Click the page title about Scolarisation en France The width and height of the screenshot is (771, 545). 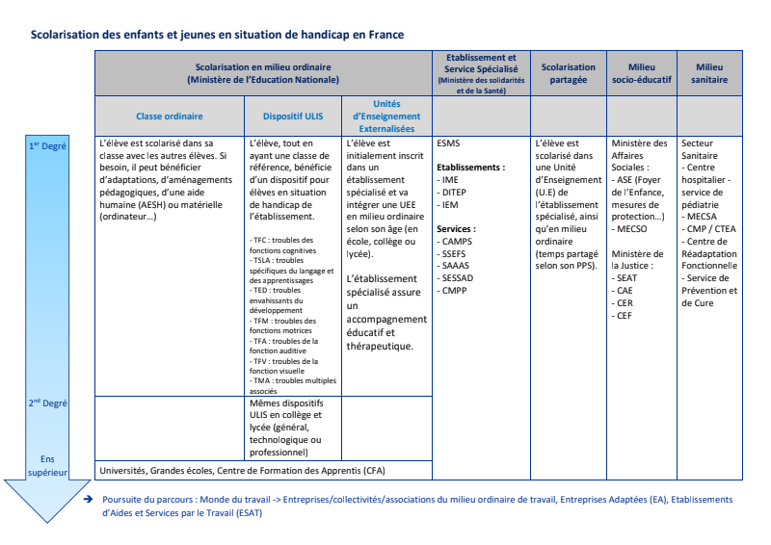coord(217,35)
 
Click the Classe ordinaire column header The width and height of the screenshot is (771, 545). coord(169,116)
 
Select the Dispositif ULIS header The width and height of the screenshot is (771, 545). coord(293,116)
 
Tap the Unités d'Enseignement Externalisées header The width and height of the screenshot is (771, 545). coord(386,116)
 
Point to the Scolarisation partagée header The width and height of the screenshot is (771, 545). coord(569,73)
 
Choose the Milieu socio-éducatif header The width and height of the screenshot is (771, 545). coord(641,73)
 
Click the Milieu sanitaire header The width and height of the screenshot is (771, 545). coord(710,73)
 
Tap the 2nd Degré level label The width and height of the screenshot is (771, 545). coord(47,403)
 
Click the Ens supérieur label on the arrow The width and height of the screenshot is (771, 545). coord(47,466)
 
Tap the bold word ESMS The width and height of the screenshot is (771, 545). coord(448,143)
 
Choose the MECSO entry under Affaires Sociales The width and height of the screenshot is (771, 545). coord(631,229)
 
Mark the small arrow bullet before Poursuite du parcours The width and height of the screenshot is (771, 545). coord(89,500)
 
